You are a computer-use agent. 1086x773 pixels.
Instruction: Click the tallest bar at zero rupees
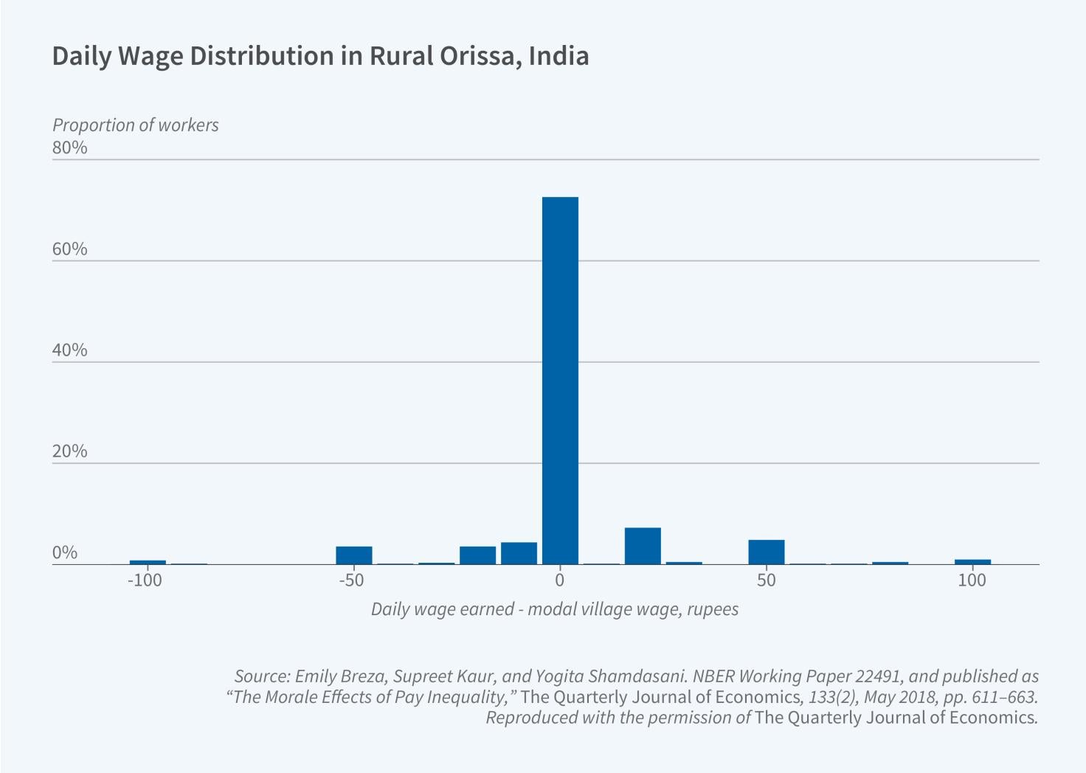click(560, 380)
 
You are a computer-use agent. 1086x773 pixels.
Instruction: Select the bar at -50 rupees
click(354, 555)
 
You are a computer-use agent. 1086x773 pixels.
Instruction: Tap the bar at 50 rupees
click(767, 552)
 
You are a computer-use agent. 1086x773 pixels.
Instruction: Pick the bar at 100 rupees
click(972, 562)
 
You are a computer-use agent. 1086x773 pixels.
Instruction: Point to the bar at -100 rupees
click(148, 563)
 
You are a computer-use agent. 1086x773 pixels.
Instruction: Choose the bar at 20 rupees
click(643, 546)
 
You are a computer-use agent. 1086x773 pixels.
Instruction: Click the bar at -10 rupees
click(519, 553)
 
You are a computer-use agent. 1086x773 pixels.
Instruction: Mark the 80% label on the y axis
click(70, 148)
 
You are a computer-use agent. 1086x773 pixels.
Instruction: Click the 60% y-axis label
click(70, 249)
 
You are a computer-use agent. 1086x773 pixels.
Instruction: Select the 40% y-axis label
click(70, 350)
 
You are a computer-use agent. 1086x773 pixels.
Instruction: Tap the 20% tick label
click(70, 451)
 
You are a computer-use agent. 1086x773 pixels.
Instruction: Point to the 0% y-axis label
click(65, 553)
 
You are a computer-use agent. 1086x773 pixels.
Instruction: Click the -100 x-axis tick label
click(145, 580)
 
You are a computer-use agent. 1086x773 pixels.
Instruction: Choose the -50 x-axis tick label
click(352, 580)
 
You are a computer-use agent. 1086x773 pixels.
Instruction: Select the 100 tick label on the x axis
click(972, 580)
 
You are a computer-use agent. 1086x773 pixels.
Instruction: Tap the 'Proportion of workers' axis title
click(136, 125)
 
